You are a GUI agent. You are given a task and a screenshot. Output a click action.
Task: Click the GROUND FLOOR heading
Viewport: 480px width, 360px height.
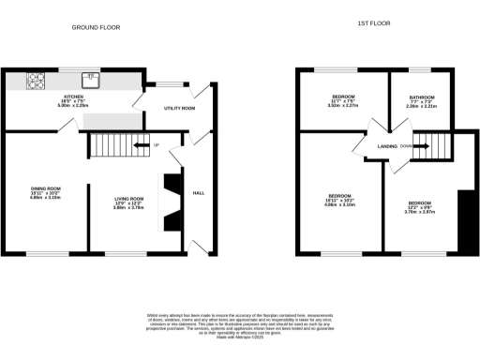click(96, 28)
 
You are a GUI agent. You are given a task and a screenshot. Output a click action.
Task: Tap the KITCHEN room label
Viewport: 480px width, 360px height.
click(73, 97)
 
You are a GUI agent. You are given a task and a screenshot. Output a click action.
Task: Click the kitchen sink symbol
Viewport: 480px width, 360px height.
click(91, 79)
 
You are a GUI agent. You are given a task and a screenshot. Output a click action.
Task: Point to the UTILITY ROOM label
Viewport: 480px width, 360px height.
click(179, 109)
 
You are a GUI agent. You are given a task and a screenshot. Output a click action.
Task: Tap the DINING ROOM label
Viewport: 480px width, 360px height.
click(45, 188)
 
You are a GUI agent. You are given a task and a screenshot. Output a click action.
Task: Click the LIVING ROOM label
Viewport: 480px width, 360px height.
click(128, 198)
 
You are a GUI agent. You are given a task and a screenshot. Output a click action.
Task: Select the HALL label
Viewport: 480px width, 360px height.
click(198, 193)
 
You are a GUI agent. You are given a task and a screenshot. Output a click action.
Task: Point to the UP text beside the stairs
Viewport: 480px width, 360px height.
click(157, 144)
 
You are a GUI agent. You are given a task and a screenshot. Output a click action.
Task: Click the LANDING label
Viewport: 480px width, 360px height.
click(387, 146)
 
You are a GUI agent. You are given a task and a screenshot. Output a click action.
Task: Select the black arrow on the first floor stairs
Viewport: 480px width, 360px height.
click(419, 146)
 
